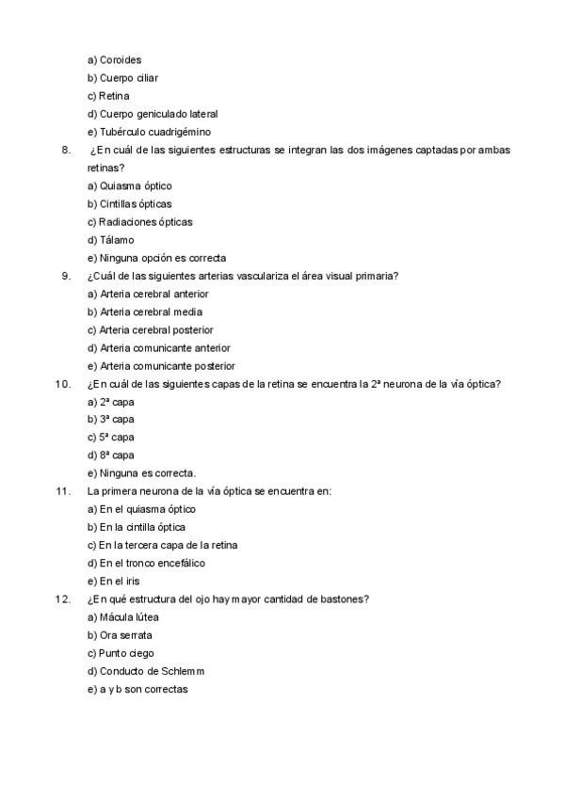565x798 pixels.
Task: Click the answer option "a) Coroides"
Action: pos(114,60)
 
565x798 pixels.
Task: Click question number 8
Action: pos(65,150)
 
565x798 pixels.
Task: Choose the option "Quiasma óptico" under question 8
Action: pos(129,186)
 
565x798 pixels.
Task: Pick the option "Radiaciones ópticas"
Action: pos(139,222)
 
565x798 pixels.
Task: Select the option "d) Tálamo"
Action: pos(110,240)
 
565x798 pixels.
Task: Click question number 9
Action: pos(65,276)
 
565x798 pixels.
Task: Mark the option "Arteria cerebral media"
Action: pos(144,311)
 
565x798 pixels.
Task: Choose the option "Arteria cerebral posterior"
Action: pos(150,330)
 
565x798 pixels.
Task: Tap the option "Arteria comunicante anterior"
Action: pos(151,348)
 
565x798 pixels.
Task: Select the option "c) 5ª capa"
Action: pos(110,438)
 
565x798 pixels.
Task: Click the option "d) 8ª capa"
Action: pos(110,455)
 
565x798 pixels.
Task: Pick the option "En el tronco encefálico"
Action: pos(146,564)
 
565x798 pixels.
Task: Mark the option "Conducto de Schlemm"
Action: pos(145,671)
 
